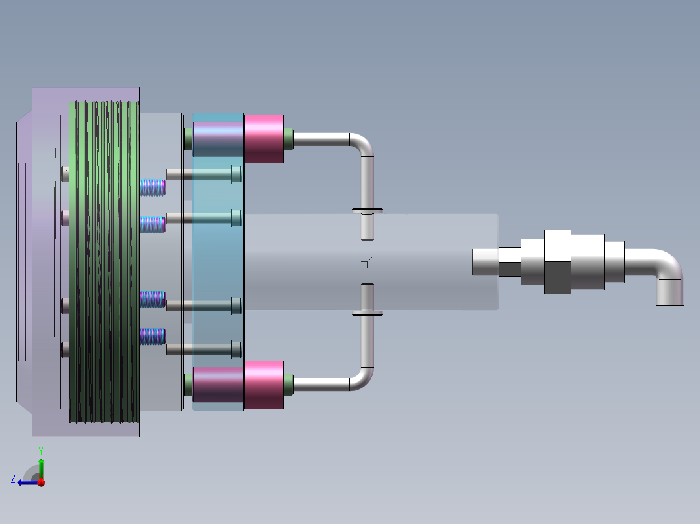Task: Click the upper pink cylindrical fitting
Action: [x=264, y=139]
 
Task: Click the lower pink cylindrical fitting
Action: [x=264, y=385]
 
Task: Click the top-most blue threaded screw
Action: [x=153, y=187]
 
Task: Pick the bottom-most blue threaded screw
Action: [x=153, y=336]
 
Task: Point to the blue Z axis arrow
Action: [x=25, y=482]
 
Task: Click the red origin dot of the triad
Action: [x=41, y=482]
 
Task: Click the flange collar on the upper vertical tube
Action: [x=367, y=211]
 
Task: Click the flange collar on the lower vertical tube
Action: [x=367, y=313]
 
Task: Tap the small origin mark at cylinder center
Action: [x=368, y=262]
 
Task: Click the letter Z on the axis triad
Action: [x=13, y=479]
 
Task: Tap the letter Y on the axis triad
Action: [x=40, y=450]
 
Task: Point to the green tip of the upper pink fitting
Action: [x=288, y=139]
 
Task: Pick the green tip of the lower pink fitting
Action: [x=288, y=385]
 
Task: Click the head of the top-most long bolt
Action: [x=236, y=174]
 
